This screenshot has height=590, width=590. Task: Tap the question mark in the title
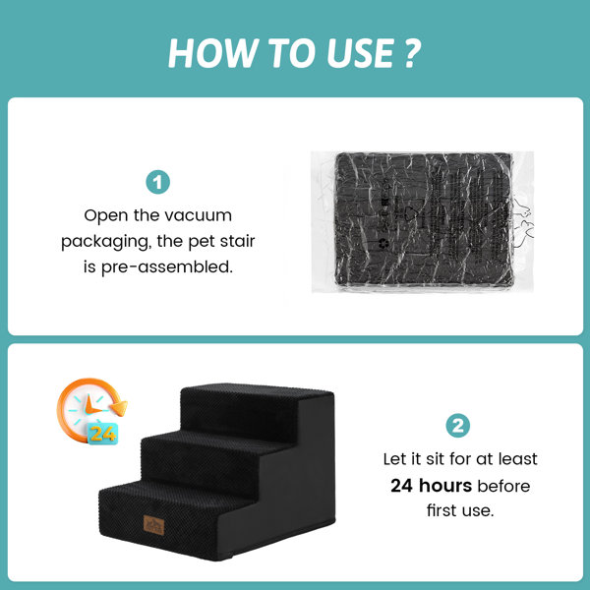(x=412, y=53)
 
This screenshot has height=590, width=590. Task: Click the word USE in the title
(x=361, y=53)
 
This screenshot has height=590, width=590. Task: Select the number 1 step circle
(x=157, y=182)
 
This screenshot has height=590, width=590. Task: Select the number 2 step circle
(x=457, y=426)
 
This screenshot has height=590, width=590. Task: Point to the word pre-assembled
(x=167, y=267)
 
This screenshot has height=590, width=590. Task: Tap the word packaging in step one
(x=106, y=242)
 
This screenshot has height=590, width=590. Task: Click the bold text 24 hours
(x=431, y=486)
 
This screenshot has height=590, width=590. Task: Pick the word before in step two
(x=503, y=486)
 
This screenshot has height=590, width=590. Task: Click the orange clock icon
(x=91, y=411)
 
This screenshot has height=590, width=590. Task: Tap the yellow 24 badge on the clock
(x=102, y=434)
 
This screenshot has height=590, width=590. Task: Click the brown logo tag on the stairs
(x=154, y=525)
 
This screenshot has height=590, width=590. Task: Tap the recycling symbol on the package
(x=383, y=244)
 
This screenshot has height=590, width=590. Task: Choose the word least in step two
(x=518, y=459)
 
